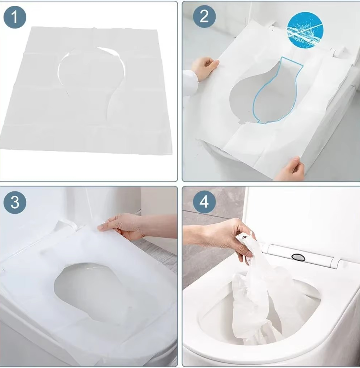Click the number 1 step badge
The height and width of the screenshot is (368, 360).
click(x=15, y=17)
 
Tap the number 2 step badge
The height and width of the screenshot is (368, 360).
click(x=204, y=17)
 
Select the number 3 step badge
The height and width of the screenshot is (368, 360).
click(x=15, y=202)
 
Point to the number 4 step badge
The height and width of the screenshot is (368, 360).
click(x=204, y=202)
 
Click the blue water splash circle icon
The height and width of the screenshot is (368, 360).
click(x=305, y=30)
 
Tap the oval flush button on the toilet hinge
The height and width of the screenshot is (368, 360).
click(x=298, y=257)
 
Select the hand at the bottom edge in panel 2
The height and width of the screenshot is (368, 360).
click(x=290, y=169)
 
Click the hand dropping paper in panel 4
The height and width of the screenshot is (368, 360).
click(x=225, y=237)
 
